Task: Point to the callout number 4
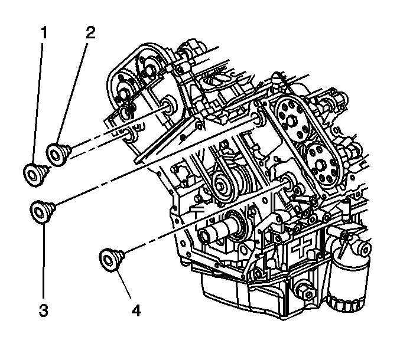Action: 136,309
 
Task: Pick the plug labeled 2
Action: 58,152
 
